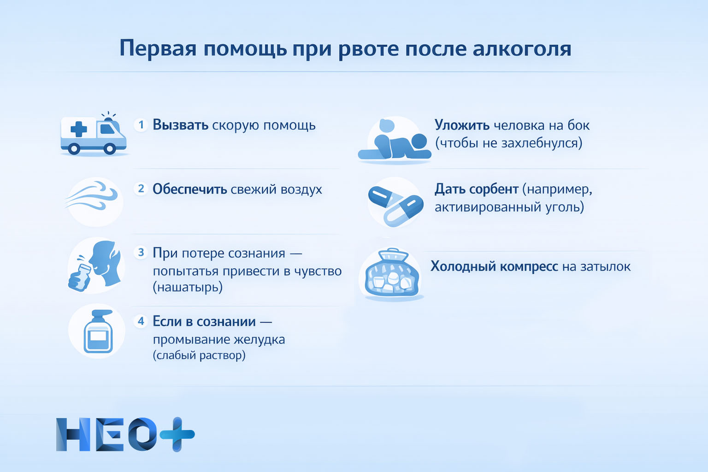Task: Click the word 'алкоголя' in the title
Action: click(522, 48)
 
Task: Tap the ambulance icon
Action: click(94, 135)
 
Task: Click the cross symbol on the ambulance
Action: click(78, 129)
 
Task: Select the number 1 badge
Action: click(141, 125)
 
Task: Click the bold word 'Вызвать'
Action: click(180, 125)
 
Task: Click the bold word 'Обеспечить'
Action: click(189, 189)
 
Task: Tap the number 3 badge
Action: click(141, 253)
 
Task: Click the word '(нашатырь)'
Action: click(188, 288)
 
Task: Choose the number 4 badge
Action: click(141, 321)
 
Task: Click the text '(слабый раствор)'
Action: click(199, 355)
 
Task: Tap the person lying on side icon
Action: click(395, 141)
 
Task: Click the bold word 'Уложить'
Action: click(462, 125)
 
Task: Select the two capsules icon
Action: click(395, 203)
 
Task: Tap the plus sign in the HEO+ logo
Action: click(177, 434)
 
